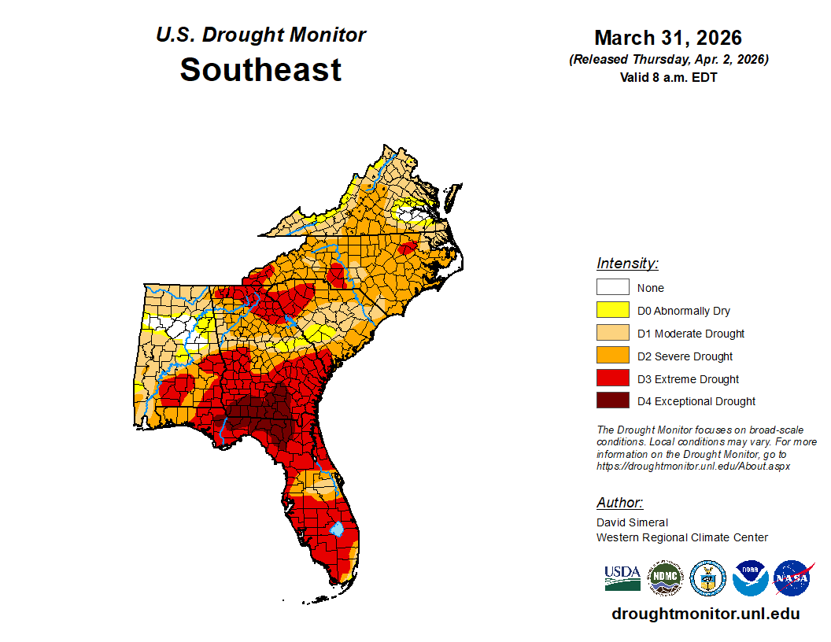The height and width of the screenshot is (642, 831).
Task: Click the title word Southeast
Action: pyautogui.click(x=260, y=70)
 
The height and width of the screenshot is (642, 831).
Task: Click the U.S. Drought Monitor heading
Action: pyautogui.click(x=260, y=35)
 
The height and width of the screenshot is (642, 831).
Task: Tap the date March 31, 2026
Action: pyautogui.click(x=668, y=38)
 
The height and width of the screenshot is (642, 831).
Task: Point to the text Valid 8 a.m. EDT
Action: pyautogui.click(x=668, y=77)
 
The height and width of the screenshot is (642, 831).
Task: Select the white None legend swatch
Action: pyautogui.click(x=612, y=287)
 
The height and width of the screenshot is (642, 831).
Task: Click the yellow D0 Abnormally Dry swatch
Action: pyautogui.click(x=612, y=310)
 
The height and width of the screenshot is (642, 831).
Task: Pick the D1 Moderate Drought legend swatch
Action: pyautogui.click(x=612, y=333)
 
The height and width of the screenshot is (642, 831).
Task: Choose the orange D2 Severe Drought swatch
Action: pyautogui.click(x=612, y=356)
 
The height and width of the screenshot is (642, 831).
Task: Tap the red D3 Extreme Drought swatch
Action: pyautogui.click(x=612, y=378)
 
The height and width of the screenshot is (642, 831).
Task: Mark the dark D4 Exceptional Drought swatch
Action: pyautogui.click(x=612, y=401)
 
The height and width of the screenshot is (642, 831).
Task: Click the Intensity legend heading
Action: pyautogui.click(x=627, y=264)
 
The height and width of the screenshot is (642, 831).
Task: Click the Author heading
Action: pyautogui.click(x=619, y=503)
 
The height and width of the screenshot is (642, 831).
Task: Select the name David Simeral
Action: pyautogui.click(x=632, y=522)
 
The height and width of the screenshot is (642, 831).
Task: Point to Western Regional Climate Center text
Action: pyautogui.click(x=681, y=537)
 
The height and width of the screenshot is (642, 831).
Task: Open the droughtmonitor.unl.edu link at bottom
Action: pyautogui.click(x=705, y=614)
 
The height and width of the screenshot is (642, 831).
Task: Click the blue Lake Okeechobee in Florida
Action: pyautogui.click(x=336, y=529)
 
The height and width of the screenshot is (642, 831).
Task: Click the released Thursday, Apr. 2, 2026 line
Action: pyautogui.click(x=668, y=60)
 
